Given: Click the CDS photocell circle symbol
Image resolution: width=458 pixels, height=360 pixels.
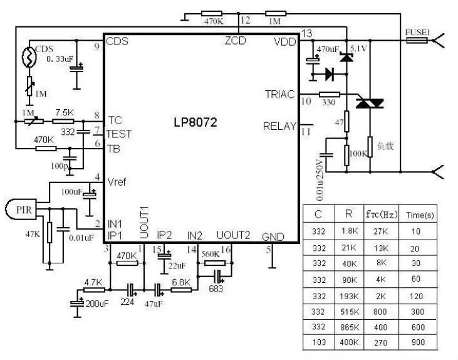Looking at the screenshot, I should coord(28,58).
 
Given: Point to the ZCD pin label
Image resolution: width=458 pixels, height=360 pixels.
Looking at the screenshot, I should coord(236,41).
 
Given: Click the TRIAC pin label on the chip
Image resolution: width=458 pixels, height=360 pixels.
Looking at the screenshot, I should coord(279,94).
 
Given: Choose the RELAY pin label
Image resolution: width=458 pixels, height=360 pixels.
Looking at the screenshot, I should coord(279,126).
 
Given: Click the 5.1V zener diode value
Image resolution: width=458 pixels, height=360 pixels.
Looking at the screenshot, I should coord(358,48).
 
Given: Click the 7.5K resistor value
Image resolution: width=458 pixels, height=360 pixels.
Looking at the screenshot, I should coord(64,112).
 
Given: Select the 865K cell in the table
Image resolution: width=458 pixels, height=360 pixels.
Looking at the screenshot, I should coord(348,327).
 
